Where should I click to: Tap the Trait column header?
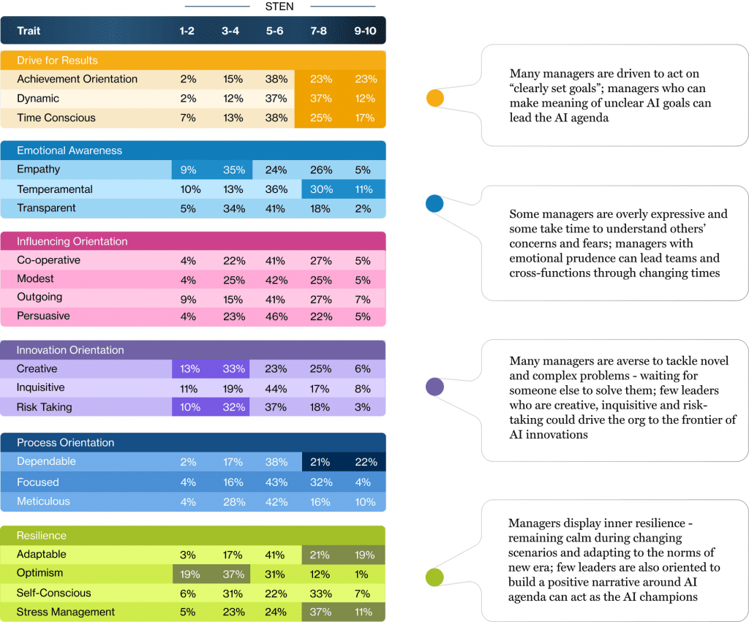click(x=29, y=31)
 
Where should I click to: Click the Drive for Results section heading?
click(x=57, y=60)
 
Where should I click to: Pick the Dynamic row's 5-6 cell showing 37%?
click(x=275, y=99)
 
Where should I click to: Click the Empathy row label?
click(x=39, y=170)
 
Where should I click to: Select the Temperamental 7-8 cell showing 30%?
click(x=320, y=189)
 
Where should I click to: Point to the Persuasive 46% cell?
click(x=275, y=316)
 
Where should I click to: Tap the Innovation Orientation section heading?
click(x=70, y=350)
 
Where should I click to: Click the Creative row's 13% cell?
click(x=189, y=369)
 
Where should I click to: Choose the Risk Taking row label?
click(x=44, y=407)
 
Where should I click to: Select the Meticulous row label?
click(x=44, y=501)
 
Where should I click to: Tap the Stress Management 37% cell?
click(x=320, y=612)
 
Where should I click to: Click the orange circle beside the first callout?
click(x=435, y=98)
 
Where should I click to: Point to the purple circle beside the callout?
click(x=435, y=387)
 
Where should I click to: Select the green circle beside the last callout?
click(x=435, y=577)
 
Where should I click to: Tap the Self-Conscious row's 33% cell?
click(x=320, y=593)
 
